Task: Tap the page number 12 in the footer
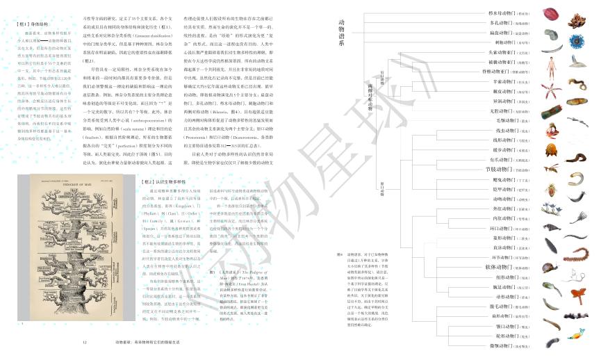pyautogui.click(x=84, y=343)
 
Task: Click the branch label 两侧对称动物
pyautogui.click(x=371, y=97)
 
